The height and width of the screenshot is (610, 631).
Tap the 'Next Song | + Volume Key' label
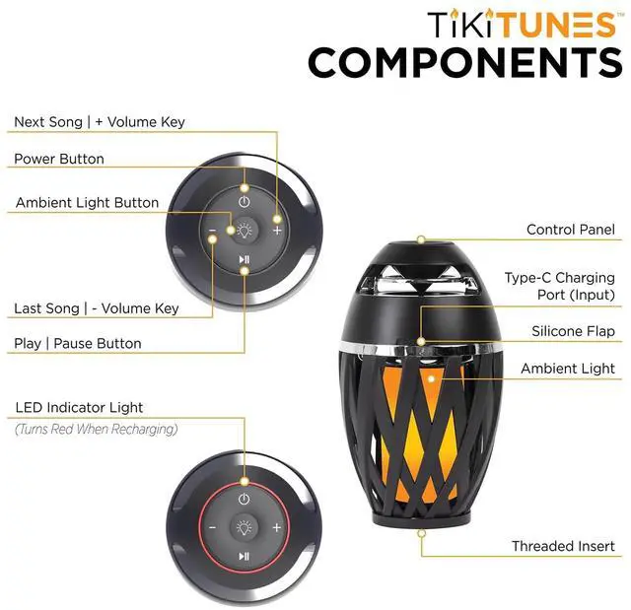(100, 122)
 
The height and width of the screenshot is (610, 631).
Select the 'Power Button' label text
(59, 159)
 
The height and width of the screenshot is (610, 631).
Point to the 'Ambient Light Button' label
(87, 203)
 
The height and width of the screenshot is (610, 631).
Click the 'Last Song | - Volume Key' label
(97, 308)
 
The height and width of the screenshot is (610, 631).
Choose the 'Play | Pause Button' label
(78, 344)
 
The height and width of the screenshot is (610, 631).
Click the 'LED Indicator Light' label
(79, 408)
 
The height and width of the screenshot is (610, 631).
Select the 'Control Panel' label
(570, 230)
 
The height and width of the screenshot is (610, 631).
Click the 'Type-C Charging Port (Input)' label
(559, 286)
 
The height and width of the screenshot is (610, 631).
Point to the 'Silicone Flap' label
(573, 332)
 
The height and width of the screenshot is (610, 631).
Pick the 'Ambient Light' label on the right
(568, 369)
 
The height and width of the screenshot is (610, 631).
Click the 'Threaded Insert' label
(563, 546)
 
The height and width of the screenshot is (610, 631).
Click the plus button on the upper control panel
(277, 230)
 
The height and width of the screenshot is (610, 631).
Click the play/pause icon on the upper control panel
(244, 261)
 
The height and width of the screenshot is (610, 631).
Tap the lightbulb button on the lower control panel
(244, 527)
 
